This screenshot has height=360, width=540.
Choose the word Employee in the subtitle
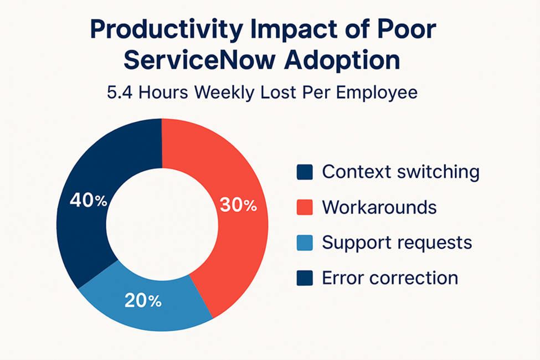[x=377, y=92]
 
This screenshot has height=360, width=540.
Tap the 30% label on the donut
[x=239, y=205]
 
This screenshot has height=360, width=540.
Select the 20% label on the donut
[x=143, y=301]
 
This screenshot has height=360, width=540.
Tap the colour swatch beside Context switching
[x=305, y=172]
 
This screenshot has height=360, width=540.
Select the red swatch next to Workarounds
[x=305, y=207]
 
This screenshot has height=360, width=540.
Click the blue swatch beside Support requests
[x=305, y=243]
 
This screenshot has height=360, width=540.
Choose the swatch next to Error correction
[x=305, y=277]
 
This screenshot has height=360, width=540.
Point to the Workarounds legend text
[x=379, y=207]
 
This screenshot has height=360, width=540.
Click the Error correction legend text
[x=390, y=277]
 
